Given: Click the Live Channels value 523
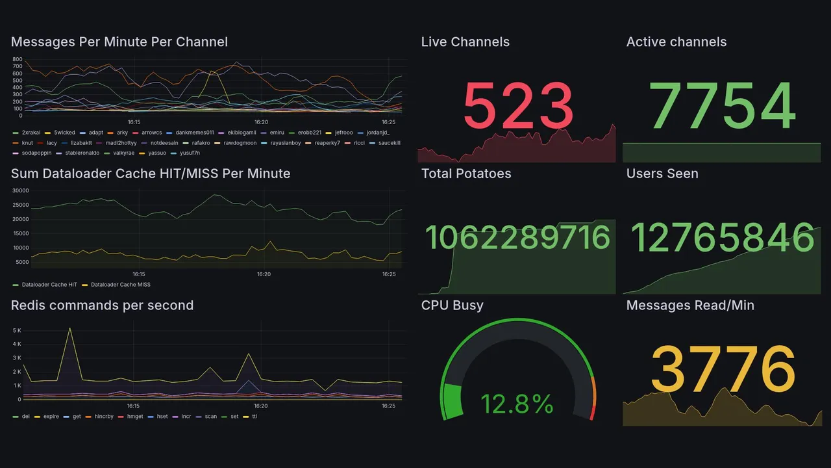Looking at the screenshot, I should [518, 106].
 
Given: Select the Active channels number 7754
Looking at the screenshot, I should [723, 106].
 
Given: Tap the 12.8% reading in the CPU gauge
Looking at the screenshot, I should [517, 404].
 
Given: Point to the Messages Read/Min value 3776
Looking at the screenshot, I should [723, 369].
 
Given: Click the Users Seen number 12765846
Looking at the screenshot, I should [723, 238].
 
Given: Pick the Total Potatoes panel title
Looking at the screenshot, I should [466, 174].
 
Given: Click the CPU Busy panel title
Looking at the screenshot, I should [452, 305].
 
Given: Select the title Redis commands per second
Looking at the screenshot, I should [102, 305].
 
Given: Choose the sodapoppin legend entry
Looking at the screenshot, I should [36, 153].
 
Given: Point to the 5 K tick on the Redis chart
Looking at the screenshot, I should [17, 330].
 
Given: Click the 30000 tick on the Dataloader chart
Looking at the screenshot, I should [21, 190].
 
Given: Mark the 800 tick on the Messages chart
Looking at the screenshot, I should [18, 59].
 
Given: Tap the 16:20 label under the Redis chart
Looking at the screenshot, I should [262, 406].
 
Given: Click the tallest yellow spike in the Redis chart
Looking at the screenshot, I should [69, 328].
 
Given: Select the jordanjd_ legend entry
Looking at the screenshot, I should [378, 133].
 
